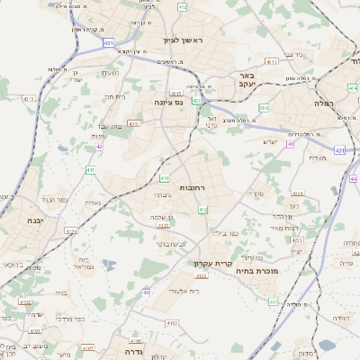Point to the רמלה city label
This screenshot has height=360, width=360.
(x=346, y=104)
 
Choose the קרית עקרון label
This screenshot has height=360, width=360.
(x=213, y=264)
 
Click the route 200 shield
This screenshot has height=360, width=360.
(x=264, y=108)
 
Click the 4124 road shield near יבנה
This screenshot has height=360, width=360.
(x=70, y=230)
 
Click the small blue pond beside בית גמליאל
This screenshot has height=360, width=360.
(x=109, y=265)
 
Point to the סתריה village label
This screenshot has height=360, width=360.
(x=259, y=193)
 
